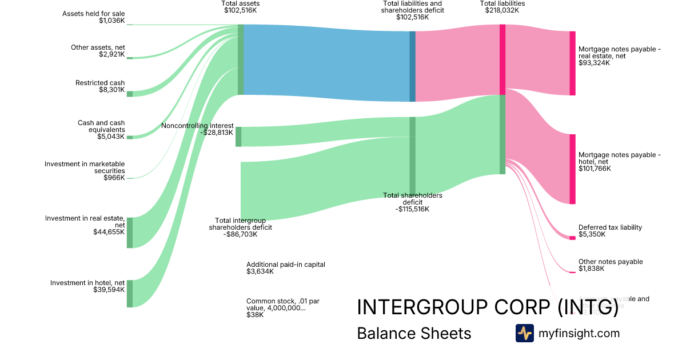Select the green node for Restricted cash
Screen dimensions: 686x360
(130, 94)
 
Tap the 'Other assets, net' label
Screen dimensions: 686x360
(98, 51)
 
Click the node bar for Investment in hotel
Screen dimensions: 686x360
(130, 294)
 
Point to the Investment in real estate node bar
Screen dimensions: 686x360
(130, 233)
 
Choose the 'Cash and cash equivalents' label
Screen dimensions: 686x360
(101, 130)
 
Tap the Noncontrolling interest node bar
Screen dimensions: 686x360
(238, 137)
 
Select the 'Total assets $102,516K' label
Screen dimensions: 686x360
(240, 7)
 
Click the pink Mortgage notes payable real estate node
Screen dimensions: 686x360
(572, 63)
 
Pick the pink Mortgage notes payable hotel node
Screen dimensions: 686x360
(572, 169)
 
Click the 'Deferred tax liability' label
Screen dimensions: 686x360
(610, 231)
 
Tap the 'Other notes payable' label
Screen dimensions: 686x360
(611, 265)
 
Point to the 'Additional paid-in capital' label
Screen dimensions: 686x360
(285, 268)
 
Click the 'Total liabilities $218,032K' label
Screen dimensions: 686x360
(502, 7)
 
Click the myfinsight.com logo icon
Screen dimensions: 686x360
(524, 333)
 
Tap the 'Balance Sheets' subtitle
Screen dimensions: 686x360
(414, 334)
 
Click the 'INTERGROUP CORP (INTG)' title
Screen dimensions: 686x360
(488, 307)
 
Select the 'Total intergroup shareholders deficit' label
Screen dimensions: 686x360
(243, 227)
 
